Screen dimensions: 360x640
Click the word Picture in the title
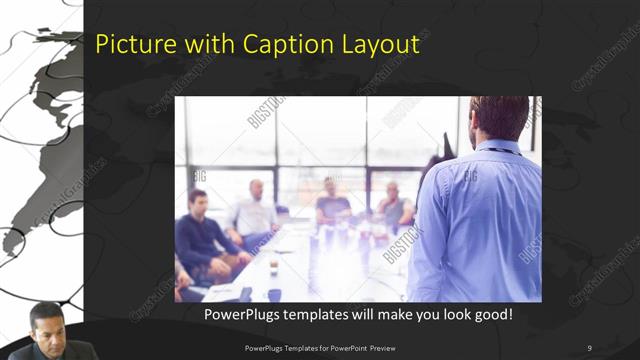[x=127, y=45]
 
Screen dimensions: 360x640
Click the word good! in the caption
[x=492, y=315]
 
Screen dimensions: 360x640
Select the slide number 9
[x=590, y=348]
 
